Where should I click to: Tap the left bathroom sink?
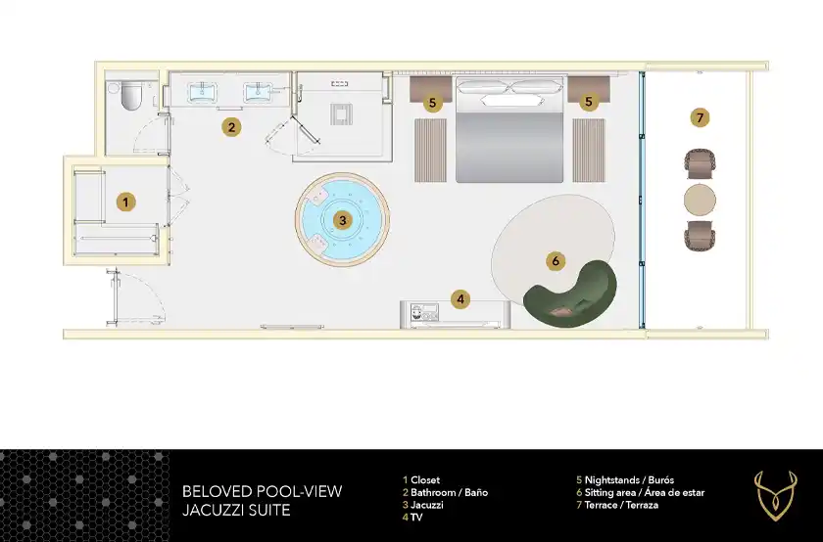pyautogui.click(x=202, y=92)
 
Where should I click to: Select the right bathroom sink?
pyautogui.click(x=260, y=92)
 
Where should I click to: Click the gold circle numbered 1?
pyautogui.click(x=125, y=202)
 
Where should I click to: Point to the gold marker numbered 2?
pyautogui.click(x=231, y=127)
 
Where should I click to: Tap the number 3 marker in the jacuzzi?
pyautogui.click(x=343, y=220)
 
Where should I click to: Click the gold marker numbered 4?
pyautogui.click(x=460, y=299)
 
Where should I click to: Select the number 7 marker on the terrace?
pyautogui.click(x=700, y=118)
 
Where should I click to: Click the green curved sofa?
pyautogui.click(x=570, y=296)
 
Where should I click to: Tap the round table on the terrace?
pyautogui.click(x=700, y=200)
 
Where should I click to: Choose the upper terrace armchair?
pyautogui.click(x=701, y=164)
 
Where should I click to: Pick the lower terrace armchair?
pyautogui.click(x=701, y=236)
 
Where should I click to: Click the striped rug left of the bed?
pyautogui.click(x=430, y=151)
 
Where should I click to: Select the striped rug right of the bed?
pyautogui.click(x=589, y=151)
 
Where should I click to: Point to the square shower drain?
pyautogui.click(x=341, y=114)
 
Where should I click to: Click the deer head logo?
pyautogui.click(x=775, y=495)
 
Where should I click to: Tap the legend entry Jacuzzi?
pyautogui.click(x=427, y=505)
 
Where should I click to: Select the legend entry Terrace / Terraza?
pyautogui.click(x=621, y=505)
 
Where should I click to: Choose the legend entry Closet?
pyautogui.click(x=425, y=479)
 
